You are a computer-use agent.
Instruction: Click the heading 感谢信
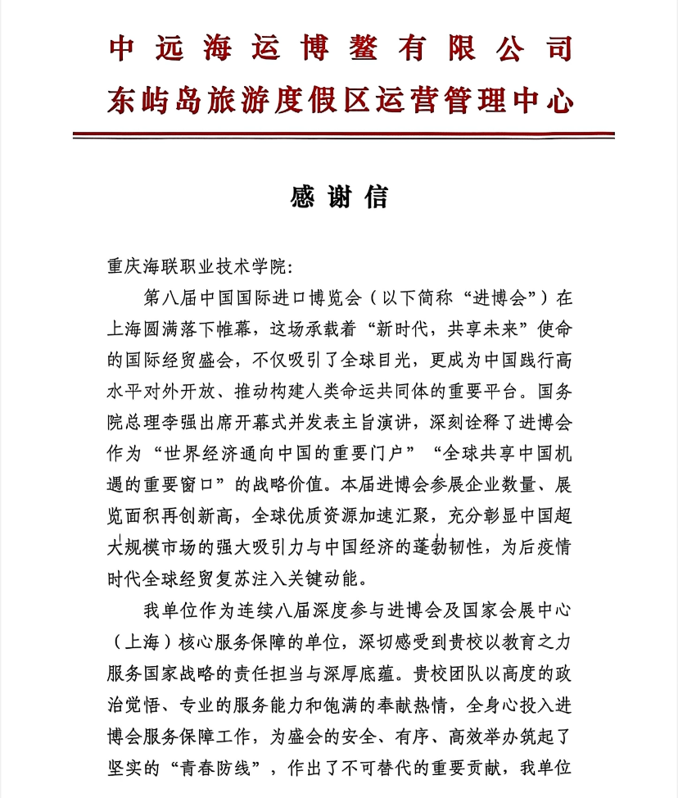(339, 198)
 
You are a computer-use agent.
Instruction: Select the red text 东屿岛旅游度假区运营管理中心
(339, 101)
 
